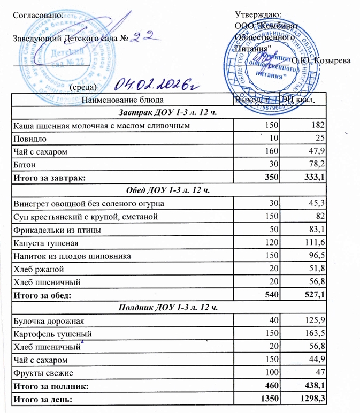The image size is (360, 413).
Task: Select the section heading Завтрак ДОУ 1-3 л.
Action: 168,112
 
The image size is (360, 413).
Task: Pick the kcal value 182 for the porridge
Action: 319,125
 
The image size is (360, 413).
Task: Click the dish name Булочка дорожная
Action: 48,320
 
